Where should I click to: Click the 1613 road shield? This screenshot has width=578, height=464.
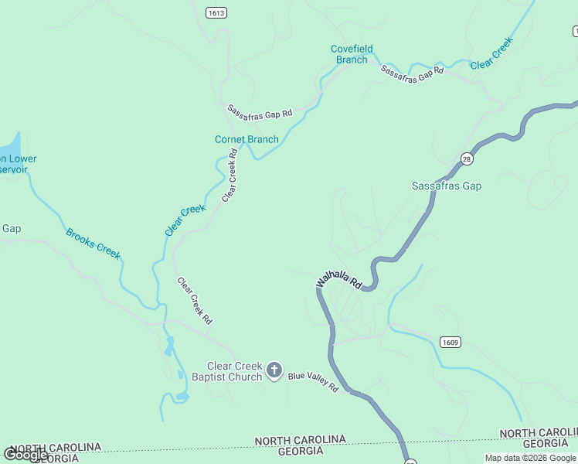point(216,13)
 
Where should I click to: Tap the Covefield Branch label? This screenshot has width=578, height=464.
point(352,54)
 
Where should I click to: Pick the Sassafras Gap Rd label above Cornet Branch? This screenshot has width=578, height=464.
point(260,111)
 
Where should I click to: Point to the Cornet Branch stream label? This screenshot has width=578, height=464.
point(246,139)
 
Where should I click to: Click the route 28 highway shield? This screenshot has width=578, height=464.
point(467,159)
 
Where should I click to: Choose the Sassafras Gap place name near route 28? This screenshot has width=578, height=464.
point(447,186)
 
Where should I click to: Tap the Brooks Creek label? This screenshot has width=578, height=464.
point(93,244)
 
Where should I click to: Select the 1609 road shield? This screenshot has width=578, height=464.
point(450,342)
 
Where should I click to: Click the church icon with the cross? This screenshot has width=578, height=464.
point(274,371)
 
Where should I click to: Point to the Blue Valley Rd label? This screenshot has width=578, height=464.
point(313,380)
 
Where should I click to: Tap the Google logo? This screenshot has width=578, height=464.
point(25,454)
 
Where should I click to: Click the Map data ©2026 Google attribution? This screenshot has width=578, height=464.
point(530,458)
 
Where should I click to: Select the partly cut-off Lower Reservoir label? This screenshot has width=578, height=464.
point(18,164)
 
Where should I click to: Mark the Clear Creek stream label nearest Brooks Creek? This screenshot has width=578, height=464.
point(185,220)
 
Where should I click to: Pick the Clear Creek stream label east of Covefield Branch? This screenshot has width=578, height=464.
point(491,53)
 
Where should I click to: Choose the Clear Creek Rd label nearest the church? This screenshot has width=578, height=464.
point(195,301)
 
